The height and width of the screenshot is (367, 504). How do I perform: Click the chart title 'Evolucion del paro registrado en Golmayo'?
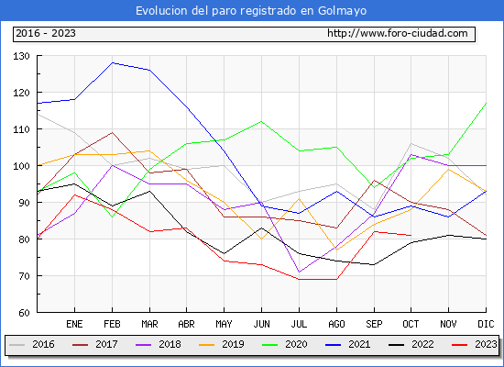[x=251, y=11]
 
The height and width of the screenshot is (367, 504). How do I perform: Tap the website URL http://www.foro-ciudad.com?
[x=398, y=33]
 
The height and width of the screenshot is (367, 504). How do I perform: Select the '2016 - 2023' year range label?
[x=46, y=33]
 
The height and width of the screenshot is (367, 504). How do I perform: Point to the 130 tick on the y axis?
[x=21, y=56]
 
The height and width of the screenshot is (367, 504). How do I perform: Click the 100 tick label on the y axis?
[x=21, y=166]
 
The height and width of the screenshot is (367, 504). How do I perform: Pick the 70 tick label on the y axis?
[x=23, y=276]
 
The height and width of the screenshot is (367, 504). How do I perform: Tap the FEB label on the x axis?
[x=112, y=324]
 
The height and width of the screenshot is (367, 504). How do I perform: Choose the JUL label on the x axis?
[x=299, y=324]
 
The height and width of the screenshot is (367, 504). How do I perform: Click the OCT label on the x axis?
[x=411, y=324]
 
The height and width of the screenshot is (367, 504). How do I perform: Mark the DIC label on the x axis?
[x=486, y=324]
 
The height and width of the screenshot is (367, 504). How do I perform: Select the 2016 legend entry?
[x=32, y=344]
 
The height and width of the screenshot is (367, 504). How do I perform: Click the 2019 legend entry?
[x=222, y=344]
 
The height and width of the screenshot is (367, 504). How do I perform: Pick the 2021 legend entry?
[x=348, y=344]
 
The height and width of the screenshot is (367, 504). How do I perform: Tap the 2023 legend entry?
[x=475, y=344]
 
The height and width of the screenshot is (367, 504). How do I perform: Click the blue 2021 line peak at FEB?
[x=112, y=62]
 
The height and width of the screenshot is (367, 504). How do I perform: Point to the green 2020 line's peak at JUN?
[x=262, y=122]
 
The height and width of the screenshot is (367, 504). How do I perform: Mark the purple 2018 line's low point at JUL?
[x=300, y=272]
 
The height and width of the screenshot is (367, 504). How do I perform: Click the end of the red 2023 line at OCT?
[x=411, y=235]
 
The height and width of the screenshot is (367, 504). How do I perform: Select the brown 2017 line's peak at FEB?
[x=112, y=133]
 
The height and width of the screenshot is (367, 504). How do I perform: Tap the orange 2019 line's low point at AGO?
[x=336, y=250]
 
